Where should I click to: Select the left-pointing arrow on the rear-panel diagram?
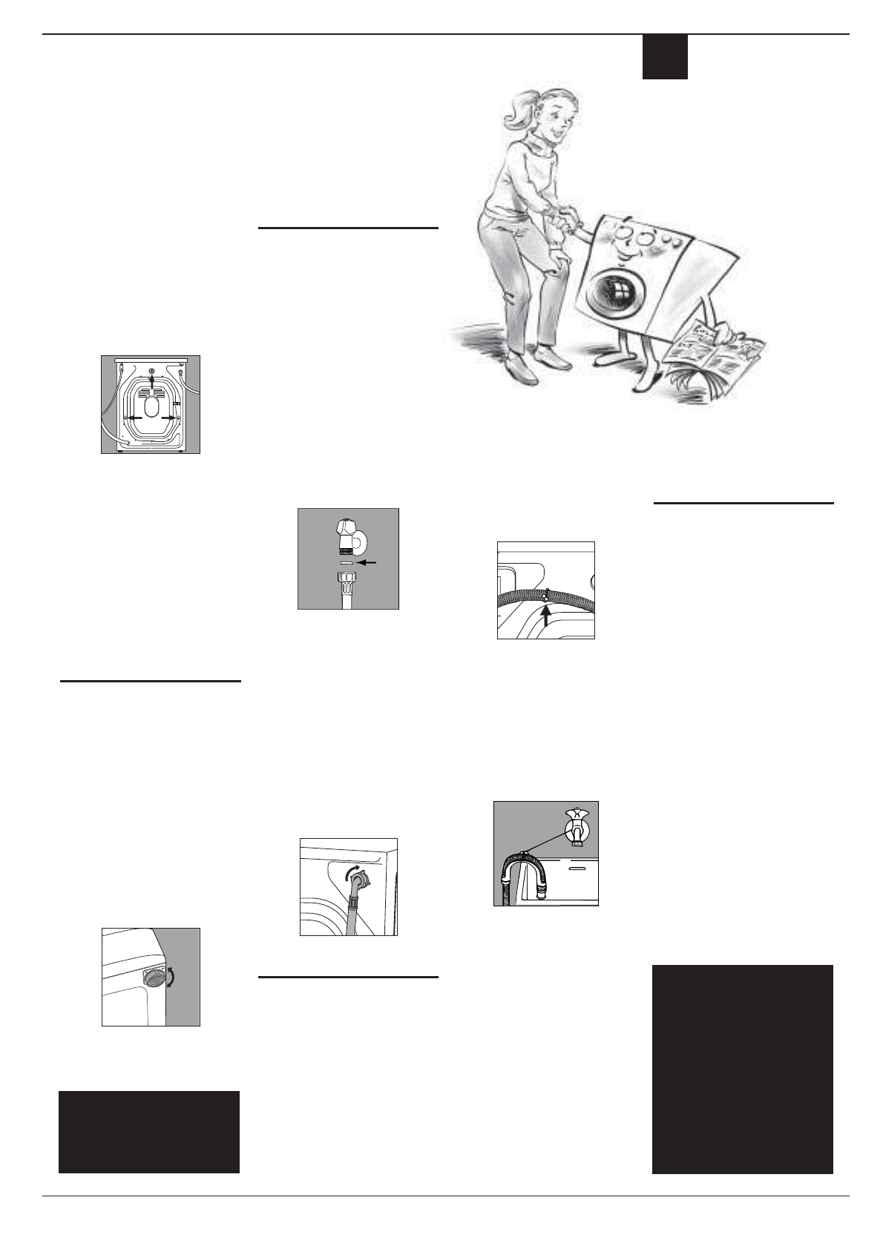[x=131, y=418]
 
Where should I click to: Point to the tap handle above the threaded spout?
[x=345, y=529]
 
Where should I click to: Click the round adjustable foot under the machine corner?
[x=153, y=978]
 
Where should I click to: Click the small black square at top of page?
[x=664, y=57]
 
